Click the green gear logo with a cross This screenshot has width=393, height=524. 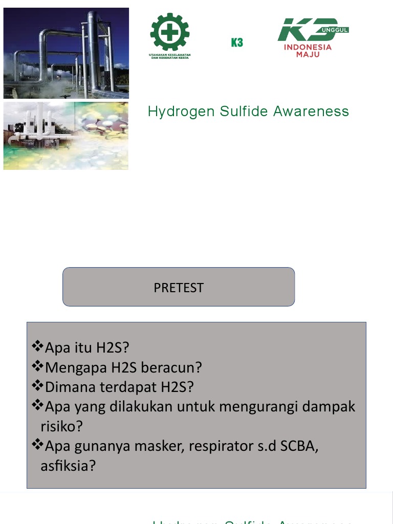click(x=170, y=32)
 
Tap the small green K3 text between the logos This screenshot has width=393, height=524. click(x=236, y=42)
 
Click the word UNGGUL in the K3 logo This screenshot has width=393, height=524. click(x=335, y=30)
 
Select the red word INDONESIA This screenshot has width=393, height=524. click(x=308, y=47)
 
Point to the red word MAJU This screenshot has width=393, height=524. click(x=308, y=54)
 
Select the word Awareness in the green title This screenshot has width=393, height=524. click(x=311, y=112)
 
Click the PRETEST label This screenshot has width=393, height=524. click(x=179, y=288)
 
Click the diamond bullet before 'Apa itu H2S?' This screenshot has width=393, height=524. click(x=37, y=347)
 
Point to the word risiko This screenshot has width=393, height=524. click(x=61, y=426)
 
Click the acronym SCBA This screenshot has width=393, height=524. click(x=299, y=446)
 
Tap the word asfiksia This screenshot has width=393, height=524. click(x=68, y=466)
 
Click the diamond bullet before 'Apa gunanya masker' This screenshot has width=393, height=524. click(x=37, y=446)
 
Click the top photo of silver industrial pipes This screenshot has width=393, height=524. click(x=66, y=53)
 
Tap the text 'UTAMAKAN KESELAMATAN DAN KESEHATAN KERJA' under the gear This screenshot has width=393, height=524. click(x=170, y=56)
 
